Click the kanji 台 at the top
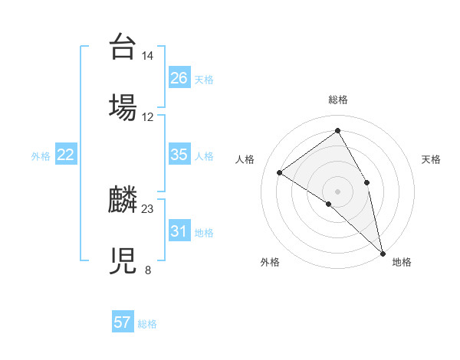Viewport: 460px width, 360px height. coord(123,47)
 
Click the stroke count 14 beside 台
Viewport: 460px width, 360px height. coord(148,56)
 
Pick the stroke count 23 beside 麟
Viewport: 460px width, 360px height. coord(148,208)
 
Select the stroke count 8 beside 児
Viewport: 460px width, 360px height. coord(148,269)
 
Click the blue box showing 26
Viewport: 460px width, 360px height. coord(179,78)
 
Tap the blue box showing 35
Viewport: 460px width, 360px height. coord(179,155)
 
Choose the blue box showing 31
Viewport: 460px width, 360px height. coord(179,231)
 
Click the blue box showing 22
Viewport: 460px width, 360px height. coord(65,155)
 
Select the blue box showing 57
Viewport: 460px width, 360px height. coord(123,322)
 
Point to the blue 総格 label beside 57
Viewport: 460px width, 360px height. coord(147,324)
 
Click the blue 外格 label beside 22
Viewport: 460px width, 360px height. coord(41,156)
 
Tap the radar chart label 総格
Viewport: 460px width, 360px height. coord(338,100)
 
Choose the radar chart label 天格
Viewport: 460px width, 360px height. coord(432,159)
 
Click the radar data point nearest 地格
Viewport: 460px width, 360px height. coord(383,253)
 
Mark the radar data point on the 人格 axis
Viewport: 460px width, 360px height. coord(280,172)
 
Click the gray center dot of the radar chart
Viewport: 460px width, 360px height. coord(338,191)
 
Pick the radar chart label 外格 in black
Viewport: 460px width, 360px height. coord(270,262)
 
